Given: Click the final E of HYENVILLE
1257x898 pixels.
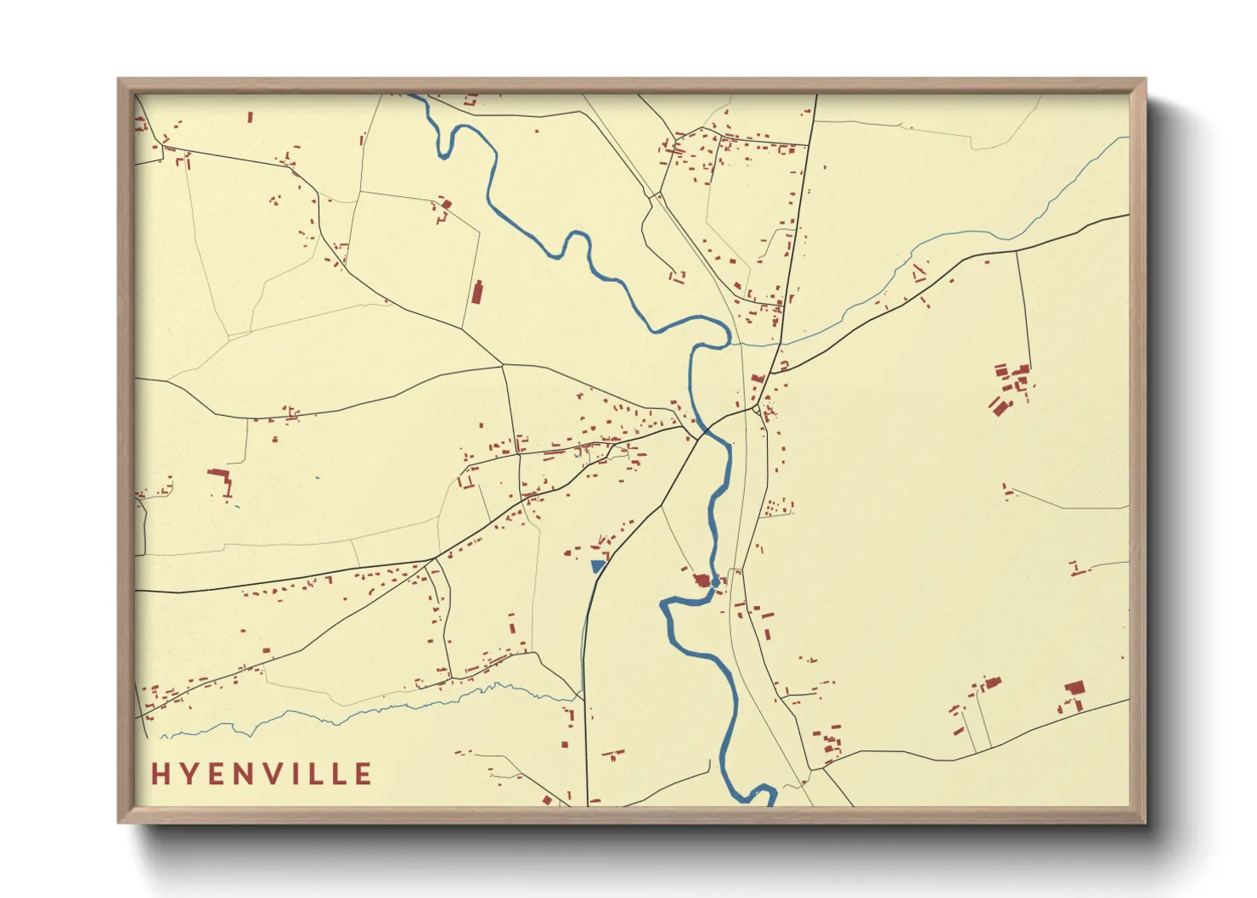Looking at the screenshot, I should coord(364,774).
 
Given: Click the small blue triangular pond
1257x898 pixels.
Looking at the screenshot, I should coord(597,565).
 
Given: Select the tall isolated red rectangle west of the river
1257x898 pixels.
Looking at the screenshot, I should coord(476,292).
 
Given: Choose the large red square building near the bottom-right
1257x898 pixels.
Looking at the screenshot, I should coord(1075,688).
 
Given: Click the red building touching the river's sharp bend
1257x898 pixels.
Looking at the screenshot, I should coord(702,581).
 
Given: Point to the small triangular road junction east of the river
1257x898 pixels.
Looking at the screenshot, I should coord(756,411).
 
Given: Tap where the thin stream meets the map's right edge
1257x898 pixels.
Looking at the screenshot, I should coord(1128,138).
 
